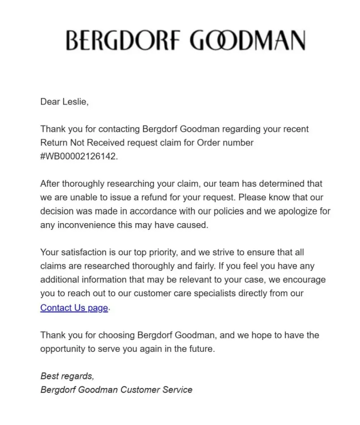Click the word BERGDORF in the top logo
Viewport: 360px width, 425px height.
[x=124, y=41]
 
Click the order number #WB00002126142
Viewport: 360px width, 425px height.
[x=78, y=156]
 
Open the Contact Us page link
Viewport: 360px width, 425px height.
[x=74, y=307]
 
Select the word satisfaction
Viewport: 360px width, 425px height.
[x=84, y=252]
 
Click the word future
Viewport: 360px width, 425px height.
[x=201, y=349]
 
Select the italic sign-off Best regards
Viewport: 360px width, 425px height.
[x=67, y=376]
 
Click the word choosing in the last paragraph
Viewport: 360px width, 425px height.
[x=116, y=335]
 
